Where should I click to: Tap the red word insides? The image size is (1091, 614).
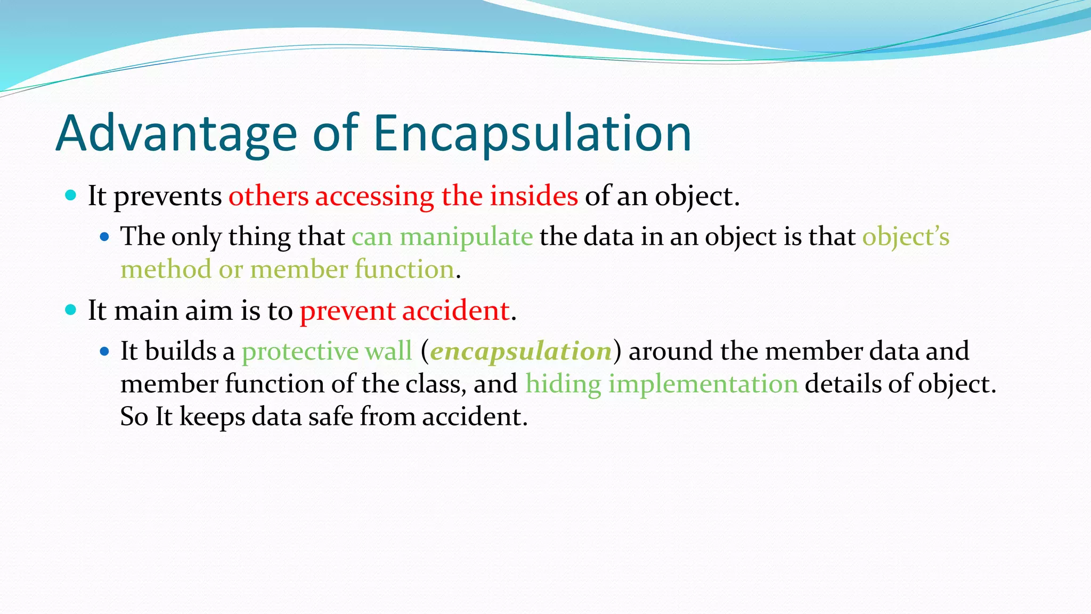534,196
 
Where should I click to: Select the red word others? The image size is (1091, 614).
268,196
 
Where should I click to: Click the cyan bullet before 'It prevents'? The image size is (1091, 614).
70,195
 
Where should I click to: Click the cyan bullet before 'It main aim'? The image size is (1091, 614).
70,310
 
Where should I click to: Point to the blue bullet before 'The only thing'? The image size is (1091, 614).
104,237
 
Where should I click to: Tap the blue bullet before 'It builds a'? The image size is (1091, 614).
104,351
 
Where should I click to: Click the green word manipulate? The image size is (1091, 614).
466,237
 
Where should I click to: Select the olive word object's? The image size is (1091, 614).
906,237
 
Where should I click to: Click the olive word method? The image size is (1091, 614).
166,269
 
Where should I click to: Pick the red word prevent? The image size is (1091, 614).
347,310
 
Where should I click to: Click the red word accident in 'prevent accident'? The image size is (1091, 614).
456,310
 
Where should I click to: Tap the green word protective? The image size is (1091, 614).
300,351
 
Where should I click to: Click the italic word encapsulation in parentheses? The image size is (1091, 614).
520,351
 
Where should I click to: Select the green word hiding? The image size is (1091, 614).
563,384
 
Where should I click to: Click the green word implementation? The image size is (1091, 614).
703,384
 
